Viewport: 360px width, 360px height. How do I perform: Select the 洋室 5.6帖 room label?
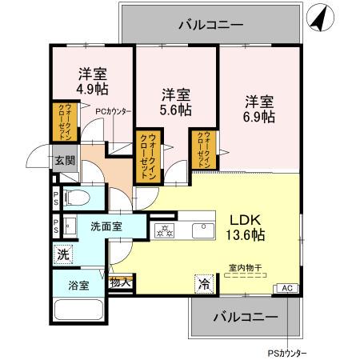click(174, 99)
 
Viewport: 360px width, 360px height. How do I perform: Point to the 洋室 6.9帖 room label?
click(259, 109)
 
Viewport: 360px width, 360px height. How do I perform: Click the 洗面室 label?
click(106, 226)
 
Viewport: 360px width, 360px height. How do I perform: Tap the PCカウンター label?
click(114, 112)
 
